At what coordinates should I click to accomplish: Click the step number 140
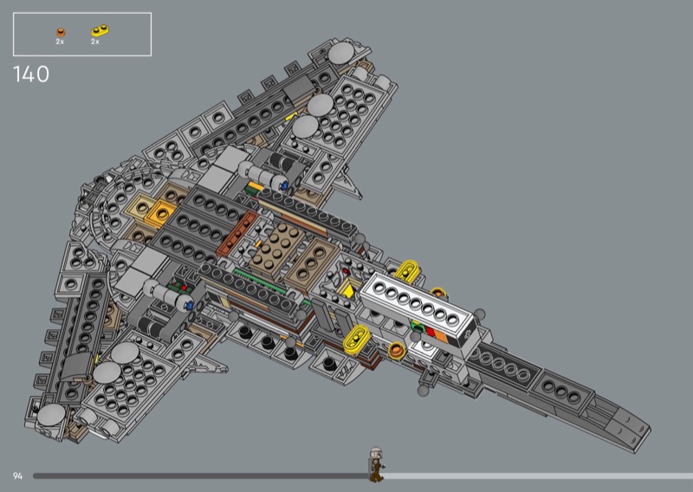[x=31, y=74]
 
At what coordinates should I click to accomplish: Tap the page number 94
[x=17, y=476]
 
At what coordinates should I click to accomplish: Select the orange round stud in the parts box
[x=61, y=32]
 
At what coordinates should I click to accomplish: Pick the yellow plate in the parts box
[x=100, y=30]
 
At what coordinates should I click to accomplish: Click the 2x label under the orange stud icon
[x=60, y=42]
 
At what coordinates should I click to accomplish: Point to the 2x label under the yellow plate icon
[x=95, y=42]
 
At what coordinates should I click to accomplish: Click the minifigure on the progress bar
[x=376, y=464]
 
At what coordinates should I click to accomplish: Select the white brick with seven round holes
[x=419, y=306]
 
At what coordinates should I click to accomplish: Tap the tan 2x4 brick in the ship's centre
[x=277, y=248]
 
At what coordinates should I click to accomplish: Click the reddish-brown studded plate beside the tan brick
[x=237, y=233]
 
